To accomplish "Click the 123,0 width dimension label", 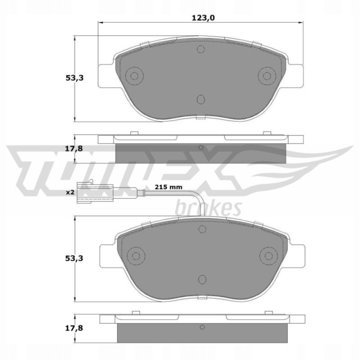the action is click(x=203, y=17).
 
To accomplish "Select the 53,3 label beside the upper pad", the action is click(x=74, y=78).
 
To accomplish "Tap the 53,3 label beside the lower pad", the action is click(x=74, y=258).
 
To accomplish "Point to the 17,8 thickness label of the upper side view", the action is click(x=74, y=149).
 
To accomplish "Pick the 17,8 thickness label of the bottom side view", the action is click(x=74, y=328).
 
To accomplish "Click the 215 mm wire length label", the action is click(x=168, y=187).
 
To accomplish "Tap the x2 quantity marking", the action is click(x=70, y=192).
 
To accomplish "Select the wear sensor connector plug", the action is click(x=95, y=192).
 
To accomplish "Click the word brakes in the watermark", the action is click(x=208, y=208).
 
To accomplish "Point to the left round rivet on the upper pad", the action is click(x=134, y=76).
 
